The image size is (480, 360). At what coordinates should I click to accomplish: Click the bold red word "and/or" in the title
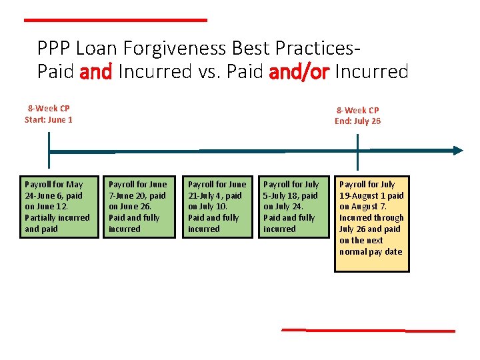(299, 72)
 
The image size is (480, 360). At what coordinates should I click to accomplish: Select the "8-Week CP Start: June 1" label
(49, 114)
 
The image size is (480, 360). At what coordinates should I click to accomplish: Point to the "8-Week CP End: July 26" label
(357, 115)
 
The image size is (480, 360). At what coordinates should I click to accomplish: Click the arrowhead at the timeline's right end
(457, 151)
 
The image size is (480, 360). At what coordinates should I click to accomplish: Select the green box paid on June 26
(139, 207)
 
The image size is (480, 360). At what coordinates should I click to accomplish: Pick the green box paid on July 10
(217, 207)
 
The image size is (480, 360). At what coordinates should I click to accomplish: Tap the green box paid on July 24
(292, 207)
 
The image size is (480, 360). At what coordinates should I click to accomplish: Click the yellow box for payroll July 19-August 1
(371, 223)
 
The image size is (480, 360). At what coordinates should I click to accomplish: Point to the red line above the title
(115, 21)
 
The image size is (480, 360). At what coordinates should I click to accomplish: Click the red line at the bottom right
(368, 330)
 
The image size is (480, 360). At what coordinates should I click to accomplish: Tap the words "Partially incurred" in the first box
(57, 218)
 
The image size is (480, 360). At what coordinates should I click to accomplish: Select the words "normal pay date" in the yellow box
(371, 252)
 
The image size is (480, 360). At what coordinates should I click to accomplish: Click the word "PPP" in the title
(54, 49)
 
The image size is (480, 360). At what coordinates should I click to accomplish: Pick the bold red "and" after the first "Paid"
(96, 72)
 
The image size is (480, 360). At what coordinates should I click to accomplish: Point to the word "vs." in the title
(202, 72)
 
